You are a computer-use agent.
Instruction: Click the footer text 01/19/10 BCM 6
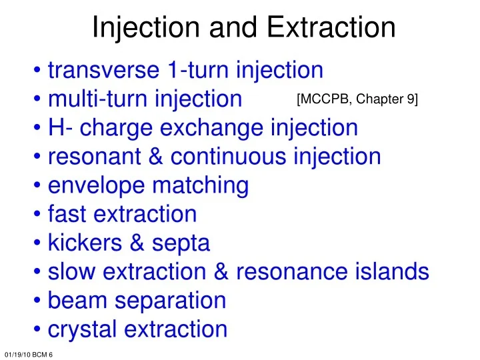click(28, 353)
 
